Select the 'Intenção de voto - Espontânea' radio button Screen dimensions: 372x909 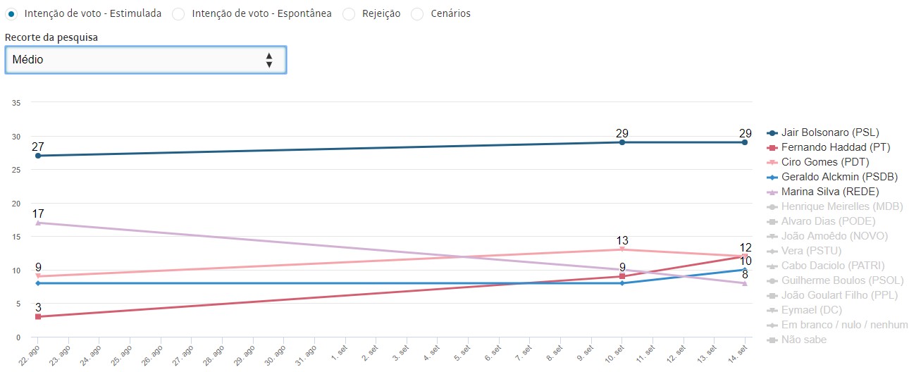[179, 14]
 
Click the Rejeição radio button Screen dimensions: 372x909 [349, 14]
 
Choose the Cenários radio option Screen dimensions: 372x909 [417, 14]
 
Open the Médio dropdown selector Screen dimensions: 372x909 [145, 60]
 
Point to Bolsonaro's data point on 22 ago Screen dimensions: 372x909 [38, 156]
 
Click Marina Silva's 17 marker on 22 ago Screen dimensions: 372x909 [38, 223]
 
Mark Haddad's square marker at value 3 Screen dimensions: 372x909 [38, 317]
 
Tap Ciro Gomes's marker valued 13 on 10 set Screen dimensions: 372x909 [622, 249]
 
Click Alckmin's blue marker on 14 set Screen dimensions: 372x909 [745, 269]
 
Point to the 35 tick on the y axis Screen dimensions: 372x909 [16, 103]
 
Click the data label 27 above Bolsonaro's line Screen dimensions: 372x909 [38, 147]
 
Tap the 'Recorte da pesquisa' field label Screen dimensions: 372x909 [51, 37]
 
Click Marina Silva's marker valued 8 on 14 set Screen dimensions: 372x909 [745, 283]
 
